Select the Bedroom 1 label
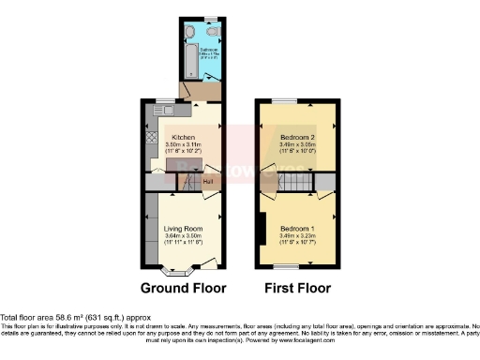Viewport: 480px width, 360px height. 297,229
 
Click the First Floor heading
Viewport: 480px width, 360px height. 296,288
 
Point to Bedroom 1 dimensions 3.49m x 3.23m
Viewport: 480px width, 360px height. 297,236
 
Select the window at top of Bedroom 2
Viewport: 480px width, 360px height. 285,100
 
